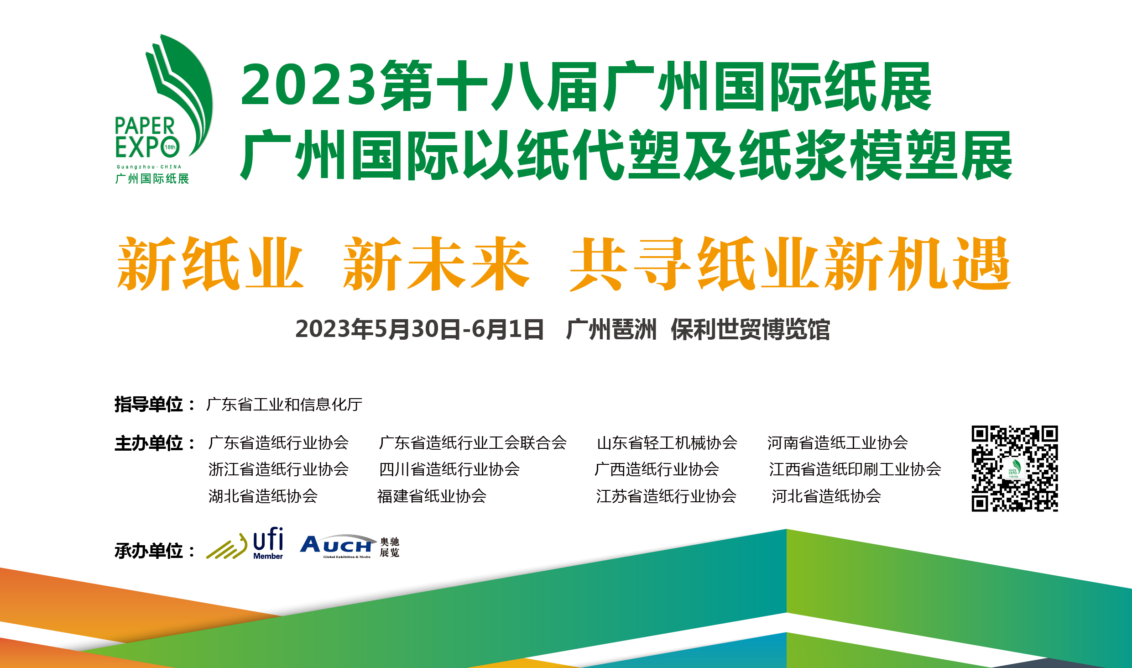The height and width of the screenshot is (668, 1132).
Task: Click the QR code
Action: click(1015, 468)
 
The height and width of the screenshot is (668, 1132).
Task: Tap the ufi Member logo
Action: click(245, 543)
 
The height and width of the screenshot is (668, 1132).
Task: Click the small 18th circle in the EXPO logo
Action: click(170, 147)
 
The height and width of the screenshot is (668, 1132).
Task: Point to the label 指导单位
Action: click(149, 405)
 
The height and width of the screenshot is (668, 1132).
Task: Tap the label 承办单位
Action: click(149, 551)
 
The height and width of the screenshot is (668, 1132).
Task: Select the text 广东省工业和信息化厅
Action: click(284, 405)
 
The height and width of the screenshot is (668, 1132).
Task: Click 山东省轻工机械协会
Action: click(667, 443)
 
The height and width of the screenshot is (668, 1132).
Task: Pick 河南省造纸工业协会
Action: click(838, 443)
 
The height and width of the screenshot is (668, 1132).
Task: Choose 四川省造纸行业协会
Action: click(449, 469)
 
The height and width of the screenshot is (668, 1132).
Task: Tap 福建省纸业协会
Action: click(432, 496)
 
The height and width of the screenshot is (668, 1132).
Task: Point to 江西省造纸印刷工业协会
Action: click(855, 469)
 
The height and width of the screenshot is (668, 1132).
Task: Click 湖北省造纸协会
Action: click(263, 496)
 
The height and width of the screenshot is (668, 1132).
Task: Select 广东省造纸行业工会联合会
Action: click(473, 443)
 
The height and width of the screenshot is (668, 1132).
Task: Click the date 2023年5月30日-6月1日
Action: click(420, 329)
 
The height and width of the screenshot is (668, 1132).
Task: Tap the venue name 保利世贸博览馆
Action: click(750, 329)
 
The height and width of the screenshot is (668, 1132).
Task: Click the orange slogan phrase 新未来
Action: click(437, 263)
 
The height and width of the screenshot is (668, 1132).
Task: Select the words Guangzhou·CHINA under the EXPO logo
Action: click(149, 167)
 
